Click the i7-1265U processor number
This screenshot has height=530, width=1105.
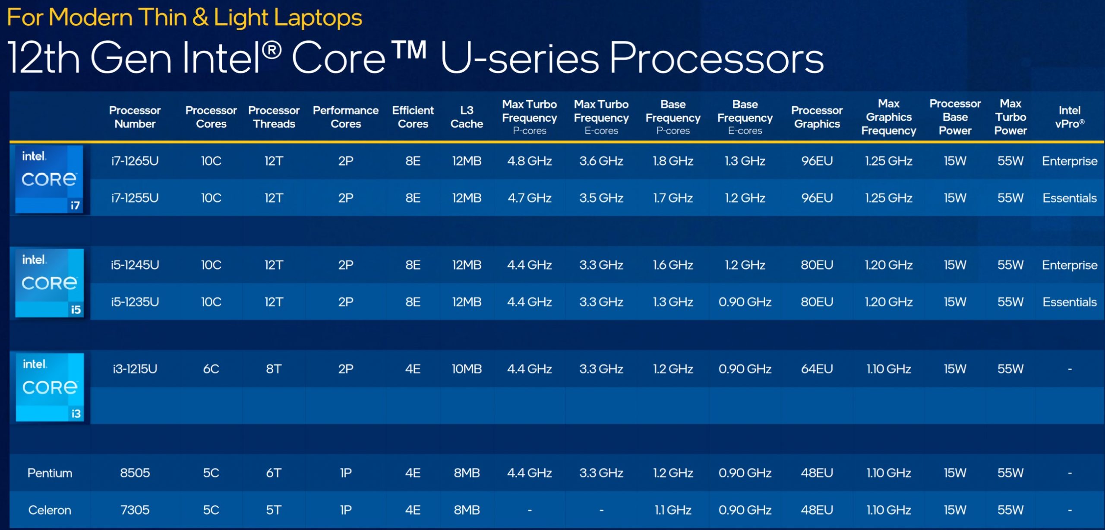click(135, 161)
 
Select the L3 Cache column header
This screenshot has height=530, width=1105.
click(467, 117)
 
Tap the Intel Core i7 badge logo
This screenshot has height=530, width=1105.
click(49, 179)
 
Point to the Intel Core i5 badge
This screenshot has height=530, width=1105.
click(49, 283)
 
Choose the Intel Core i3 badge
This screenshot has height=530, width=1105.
click(50, 387)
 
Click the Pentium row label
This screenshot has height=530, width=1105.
click(50, 473)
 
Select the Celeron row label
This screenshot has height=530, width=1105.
click(50, 510)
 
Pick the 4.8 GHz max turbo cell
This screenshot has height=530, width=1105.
click(530, 161)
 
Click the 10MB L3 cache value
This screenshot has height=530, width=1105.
click(467, 369)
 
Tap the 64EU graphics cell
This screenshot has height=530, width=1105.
click(817, 369)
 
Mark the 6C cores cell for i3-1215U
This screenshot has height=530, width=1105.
click(211, 369)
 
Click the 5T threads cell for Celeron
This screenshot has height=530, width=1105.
click(274, 510)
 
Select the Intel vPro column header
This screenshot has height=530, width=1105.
click(1070, 117)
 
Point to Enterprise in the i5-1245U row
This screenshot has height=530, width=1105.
click(1070, 265)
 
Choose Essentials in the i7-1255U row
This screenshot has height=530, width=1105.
click(1070, 198)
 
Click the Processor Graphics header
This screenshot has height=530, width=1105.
click(817, 117)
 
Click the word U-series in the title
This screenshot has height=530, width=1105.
click(520, 58)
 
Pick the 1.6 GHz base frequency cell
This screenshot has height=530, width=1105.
click(673, 265)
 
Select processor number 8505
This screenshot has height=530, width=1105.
click(135, 473)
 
